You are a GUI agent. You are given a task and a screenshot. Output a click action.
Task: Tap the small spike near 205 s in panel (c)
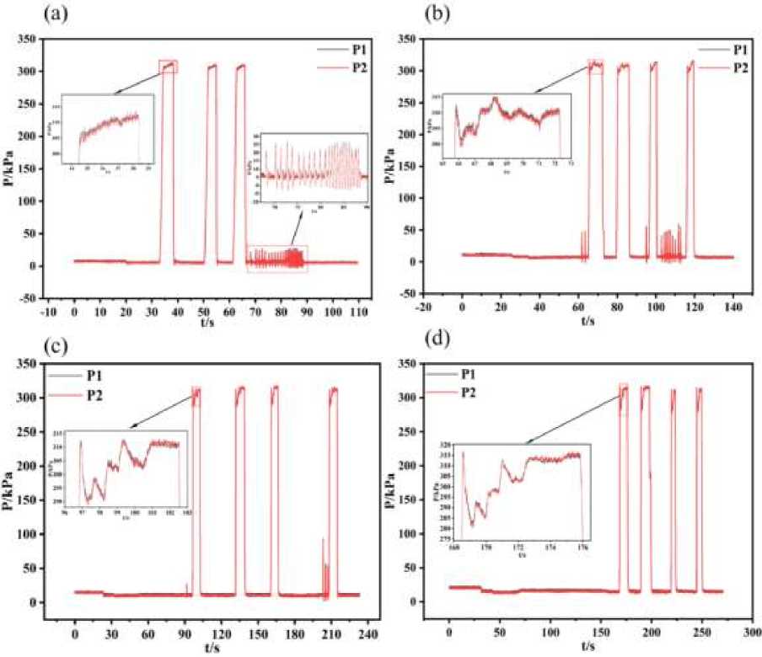323,541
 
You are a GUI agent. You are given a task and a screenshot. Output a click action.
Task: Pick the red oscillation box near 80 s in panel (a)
277,258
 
